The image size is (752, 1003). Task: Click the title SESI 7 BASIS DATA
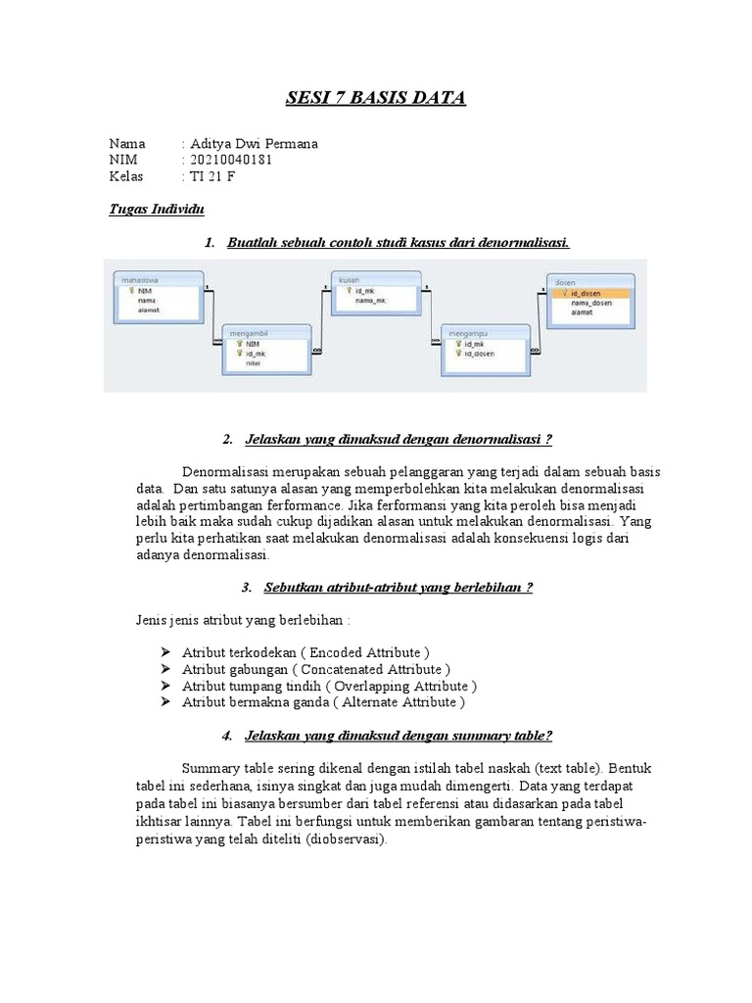(375, 98)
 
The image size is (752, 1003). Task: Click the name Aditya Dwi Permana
(254, 143)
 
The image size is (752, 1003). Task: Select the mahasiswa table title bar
(157, 279)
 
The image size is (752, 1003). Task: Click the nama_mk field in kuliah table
(370, 301)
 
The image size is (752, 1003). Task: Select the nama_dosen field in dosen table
(590, 304)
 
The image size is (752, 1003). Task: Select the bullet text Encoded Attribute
(305, 652)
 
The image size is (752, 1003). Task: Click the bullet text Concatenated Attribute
(315, 669)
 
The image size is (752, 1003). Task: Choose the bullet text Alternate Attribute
(323, 702)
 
